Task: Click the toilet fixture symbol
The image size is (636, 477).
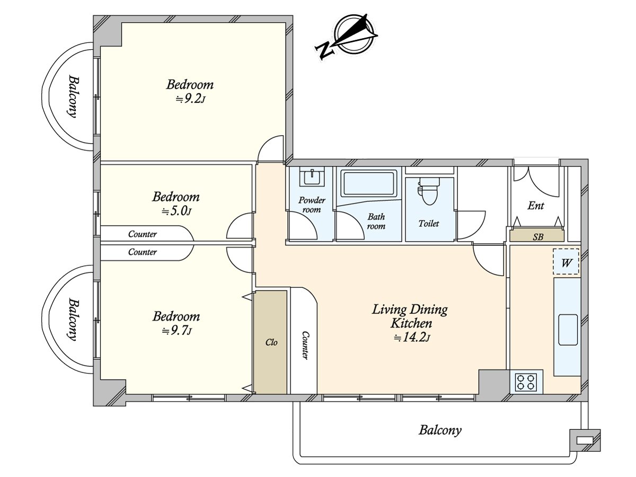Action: pyautogui.click(x=429, y=191)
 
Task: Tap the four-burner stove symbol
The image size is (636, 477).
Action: pyautogui.click(x=526, y=382)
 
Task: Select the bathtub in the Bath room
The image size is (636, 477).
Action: pyautogui.click(x=369, y=183)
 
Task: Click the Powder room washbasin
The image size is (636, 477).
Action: pyautogui.click(x=312, y=176)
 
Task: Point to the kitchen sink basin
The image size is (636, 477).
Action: pyautogui.click(x=568, y=330)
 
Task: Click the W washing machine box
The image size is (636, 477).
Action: pyautogui.click(x=566, y=261)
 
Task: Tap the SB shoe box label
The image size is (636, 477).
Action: pyautogui.click(x=538, y=237)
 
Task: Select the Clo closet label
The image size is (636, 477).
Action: pyautogui.click(x=271, y=342)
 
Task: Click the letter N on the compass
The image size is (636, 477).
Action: pyautogui.click(x=324, y=51)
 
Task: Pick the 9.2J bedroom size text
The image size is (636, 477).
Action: pyautogui.click(x=191, y=99)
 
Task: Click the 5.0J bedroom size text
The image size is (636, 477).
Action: pyautogui.click(x=176, y=211)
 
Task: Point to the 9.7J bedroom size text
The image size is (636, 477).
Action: pyautogui.click(x=176, y=330)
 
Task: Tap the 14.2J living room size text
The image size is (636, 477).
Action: pyautogui.click(x=412, y=338)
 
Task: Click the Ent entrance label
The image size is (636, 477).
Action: pyautogui.click(x=535, y=206)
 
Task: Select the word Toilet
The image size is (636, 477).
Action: pyautogui.click(x=429, y=223)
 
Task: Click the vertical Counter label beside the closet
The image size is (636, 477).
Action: pyautogui.click(x=305, y=345)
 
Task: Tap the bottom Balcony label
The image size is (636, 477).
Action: pyautogui.click(x=440, y=430)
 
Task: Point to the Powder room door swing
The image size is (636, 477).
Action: pyautogui.click(x=303, y=226)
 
